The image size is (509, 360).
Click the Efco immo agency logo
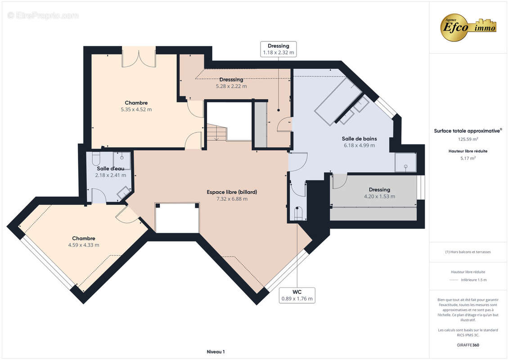(468, 27)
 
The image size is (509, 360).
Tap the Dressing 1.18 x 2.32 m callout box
(278, 49)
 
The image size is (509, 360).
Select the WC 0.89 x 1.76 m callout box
(297, 295)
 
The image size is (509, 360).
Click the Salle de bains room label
(359, 139)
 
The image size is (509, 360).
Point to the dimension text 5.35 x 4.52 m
(136, 110)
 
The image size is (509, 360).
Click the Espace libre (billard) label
(232, 192)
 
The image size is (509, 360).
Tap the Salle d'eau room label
(110, 168)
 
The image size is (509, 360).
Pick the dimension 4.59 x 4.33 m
(84, 245)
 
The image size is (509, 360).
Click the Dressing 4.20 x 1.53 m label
(379, 193)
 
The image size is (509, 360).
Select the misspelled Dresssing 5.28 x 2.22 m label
(231, 83)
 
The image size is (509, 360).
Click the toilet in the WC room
(298, 214)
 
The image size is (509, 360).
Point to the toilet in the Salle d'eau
(96, 159)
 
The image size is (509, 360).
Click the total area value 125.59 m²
(468, 139)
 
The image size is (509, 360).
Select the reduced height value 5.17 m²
(468, 158)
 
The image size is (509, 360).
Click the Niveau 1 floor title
(216, 351)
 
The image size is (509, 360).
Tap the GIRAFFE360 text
(468, 345)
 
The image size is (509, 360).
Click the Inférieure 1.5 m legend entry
(473, 280)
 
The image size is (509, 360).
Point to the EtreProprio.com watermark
(43, 15)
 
